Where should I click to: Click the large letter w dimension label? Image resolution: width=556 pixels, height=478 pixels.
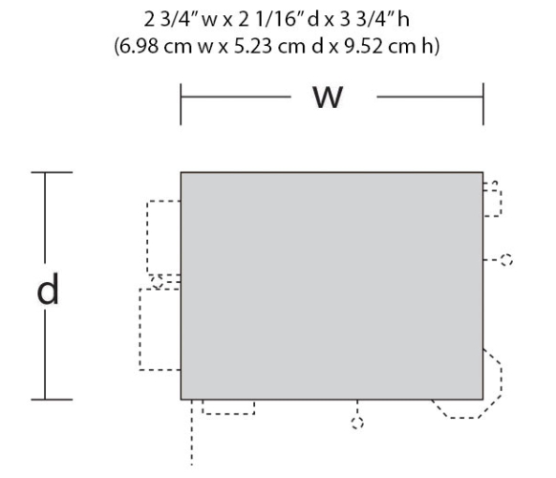(x=328, y=97)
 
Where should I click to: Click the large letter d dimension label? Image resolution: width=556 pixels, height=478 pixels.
(x=48, y=289)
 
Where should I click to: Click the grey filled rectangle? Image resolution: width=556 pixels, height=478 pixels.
(x=331, y=286)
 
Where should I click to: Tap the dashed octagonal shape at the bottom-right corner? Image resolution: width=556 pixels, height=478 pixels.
(x=502, y=383)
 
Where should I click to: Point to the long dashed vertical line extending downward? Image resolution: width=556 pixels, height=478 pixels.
(x=192, y=432)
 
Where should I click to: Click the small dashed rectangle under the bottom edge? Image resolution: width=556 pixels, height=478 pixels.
(x=228, y=414)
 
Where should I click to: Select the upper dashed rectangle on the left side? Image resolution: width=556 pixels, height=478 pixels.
(x=147, y=238)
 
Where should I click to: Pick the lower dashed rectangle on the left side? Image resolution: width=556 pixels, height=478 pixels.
(x=139, y=329)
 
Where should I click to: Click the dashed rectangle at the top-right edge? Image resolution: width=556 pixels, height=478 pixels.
(x=501, y=203)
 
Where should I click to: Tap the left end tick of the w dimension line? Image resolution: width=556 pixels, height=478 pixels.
(x=181, y=104)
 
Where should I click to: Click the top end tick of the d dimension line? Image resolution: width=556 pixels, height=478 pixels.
(x=52, y=172)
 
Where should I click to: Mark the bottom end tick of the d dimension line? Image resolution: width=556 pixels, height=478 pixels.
(x=52, y=400)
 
